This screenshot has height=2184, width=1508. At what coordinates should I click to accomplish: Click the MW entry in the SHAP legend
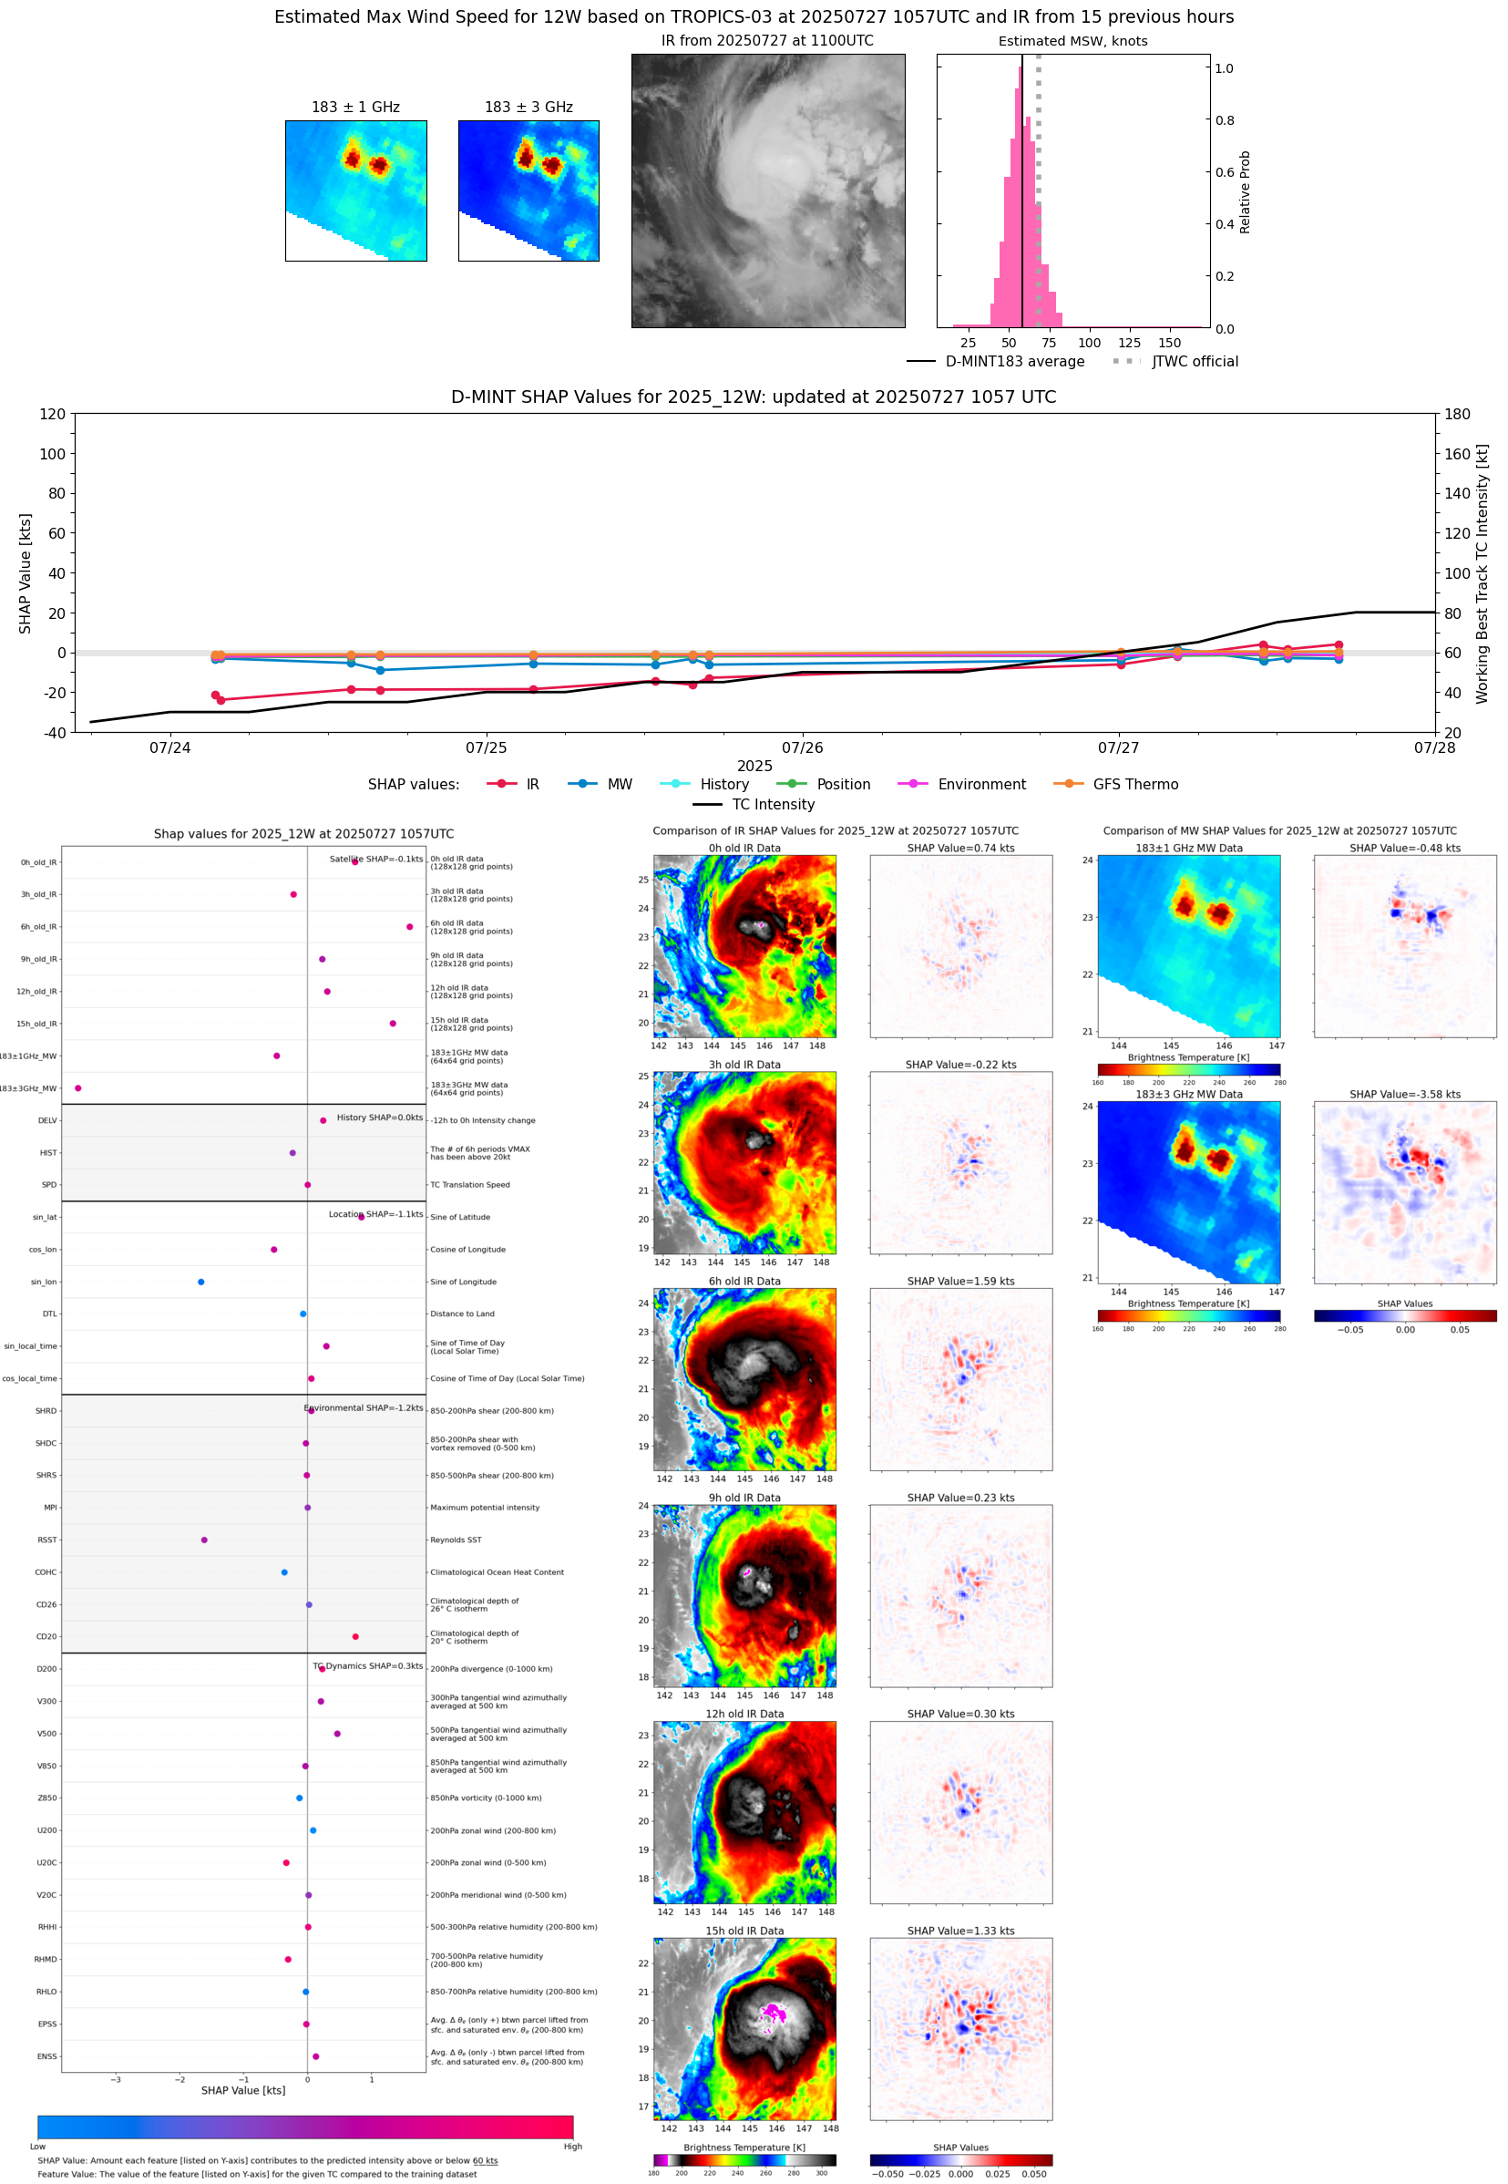click(x=619, y=785)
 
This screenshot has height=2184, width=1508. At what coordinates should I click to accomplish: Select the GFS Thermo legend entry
click(x=1134, y=785)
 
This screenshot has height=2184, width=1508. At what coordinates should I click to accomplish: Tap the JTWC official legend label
click(x=1195, y=361)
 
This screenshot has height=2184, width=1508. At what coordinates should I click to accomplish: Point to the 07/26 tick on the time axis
click(x=802, y=747)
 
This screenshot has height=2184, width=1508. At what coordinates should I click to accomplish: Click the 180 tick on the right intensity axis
click(x=1457, y=414)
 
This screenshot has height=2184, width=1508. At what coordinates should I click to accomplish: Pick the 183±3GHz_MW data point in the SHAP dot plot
click(x=78, y=1087)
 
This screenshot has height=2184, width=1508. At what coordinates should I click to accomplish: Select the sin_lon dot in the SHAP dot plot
click(x=201, y=1282)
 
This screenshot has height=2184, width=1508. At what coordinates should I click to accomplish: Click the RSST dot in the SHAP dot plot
click(x=204, y=1540)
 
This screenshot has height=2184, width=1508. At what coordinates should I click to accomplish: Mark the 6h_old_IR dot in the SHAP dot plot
click(x=409, y=926)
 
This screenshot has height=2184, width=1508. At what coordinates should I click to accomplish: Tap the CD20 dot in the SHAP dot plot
click(x=355, y=1636)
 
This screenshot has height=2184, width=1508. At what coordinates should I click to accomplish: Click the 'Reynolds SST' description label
click(x=456, y=1540)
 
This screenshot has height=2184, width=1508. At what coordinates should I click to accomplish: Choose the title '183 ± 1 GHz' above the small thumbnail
click(x=355, y=108)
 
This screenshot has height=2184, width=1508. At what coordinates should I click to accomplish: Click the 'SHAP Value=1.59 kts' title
click(x=960, y=1281)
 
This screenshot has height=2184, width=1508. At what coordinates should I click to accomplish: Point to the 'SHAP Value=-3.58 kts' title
click(x=1404, y=1094)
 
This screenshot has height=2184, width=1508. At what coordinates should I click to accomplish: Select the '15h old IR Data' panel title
click(x=744, y=1930)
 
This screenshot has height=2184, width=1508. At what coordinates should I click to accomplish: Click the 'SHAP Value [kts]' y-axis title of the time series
click(x=26, y=572)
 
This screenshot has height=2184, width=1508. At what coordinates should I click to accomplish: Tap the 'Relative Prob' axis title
click(x=1245, y=191)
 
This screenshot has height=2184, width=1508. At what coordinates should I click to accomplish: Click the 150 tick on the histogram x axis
click(x=1169, y=343)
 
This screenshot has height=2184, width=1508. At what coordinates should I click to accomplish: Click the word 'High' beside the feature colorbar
click(x=572, y=2147)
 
